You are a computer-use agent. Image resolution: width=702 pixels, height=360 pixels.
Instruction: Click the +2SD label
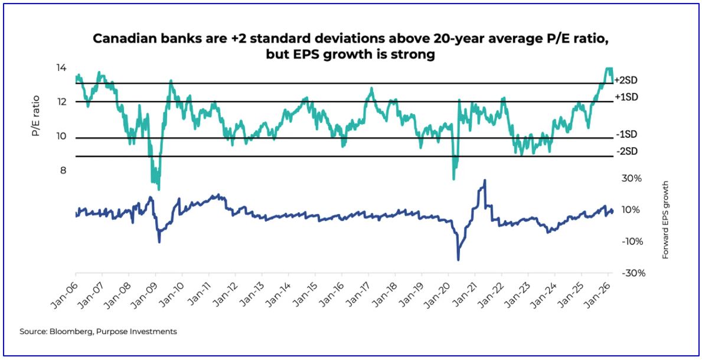click(626, 80)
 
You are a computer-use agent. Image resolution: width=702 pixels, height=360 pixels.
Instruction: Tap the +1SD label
click(626, 97)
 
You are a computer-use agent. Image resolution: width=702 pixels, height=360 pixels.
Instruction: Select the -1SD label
click(626, 134)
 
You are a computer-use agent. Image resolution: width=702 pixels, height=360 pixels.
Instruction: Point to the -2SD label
click(626, 151)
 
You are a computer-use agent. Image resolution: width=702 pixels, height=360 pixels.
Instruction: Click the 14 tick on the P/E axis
click(61, 68)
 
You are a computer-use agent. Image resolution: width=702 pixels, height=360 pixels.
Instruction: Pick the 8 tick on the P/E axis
click(62, 171)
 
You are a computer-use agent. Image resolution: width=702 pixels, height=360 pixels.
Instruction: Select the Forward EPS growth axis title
click(665, 220)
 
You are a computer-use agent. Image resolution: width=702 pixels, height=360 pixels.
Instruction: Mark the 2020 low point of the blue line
click(458, 259)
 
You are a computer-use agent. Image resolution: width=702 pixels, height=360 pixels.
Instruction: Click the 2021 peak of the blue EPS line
click(485, 180)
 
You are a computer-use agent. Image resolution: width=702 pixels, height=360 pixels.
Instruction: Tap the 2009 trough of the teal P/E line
click(158, 188)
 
